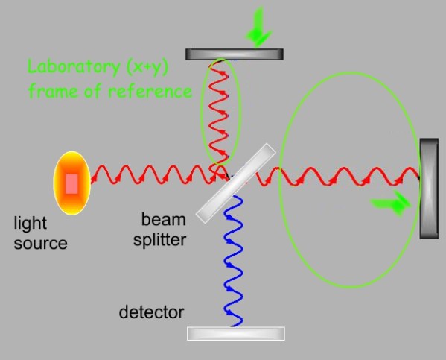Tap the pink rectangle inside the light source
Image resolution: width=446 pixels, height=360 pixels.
(71, 183)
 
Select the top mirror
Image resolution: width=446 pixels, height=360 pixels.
(234, 54)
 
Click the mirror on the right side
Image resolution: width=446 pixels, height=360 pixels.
(429, 188)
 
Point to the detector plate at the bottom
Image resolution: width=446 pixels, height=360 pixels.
(235, 333)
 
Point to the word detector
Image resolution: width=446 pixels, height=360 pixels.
(151, 312)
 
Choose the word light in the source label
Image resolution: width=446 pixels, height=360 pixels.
(30, 224)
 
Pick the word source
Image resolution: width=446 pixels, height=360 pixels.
(41, 243)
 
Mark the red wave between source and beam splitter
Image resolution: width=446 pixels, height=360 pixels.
(149, 177)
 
